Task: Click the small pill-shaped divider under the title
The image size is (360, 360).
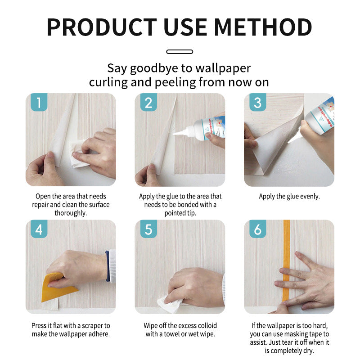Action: click(180, 52)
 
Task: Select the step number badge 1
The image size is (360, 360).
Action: click(39, 102)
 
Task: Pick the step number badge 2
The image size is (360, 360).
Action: click(148, 102)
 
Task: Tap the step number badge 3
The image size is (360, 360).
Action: click(257, 102)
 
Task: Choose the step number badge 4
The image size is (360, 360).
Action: click(39, 229)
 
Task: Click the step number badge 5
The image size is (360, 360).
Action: click(148, 229)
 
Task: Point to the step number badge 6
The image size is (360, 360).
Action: click(257, 229)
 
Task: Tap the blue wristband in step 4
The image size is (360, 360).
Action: click(107, 266)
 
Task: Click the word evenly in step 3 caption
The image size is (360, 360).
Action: click(308, 197)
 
